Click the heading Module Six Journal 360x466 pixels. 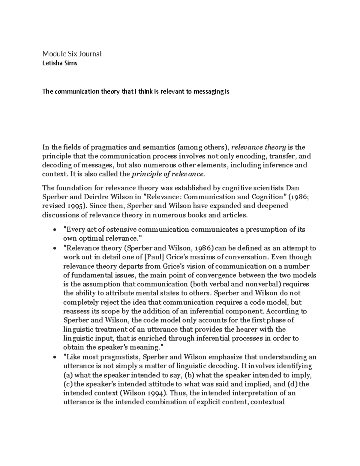72,54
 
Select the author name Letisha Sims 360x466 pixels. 60,64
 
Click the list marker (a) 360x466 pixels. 68,375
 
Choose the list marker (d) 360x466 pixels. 292,384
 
